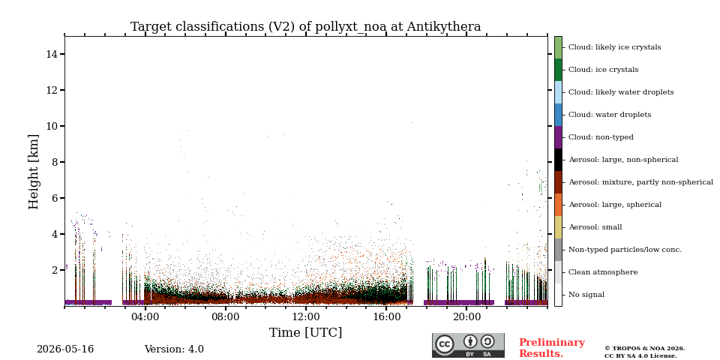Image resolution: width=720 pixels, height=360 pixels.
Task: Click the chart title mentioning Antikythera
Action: pos(306,27)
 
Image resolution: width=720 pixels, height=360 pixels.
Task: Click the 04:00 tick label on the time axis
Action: pos(145,317)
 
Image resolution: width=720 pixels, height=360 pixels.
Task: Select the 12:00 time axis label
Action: pos(306,317)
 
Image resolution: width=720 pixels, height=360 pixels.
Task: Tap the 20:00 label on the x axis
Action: pos(467,317)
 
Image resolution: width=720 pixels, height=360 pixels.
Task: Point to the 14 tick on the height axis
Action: pos(52,54)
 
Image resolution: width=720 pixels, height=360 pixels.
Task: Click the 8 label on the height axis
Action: pos(54,162)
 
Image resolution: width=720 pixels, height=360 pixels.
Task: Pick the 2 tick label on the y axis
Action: pos(54,270)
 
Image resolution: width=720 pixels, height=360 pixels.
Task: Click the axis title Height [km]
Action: pos(34,172)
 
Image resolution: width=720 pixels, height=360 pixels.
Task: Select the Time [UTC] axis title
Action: pos(306,332)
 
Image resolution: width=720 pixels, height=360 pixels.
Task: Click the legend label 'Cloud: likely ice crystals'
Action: pos(615,47)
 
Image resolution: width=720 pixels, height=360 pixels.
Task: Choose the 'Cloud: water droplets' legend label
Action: pos(610,115)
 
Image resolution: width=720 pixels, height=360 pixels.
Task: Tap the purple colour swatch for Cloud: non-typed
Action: pos(558,137)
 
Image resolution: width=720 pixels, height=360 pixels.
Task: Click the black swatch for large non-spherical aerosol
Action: pos(558,160)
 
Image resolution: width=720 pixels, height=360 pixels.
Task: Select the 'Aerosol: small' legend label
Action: pos(595,227)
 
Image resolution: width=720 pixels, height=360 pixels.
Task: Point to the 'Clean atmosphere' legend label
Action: pos(603,272)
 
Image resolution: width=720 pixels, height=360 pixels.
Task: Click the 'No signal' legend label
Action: pos(586,295)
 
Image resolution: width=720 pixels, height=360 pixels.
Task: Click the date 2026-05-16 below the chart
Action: pos(65,349)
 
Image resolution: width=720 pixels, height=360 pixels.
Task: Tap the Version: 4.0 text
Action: pos(174,349)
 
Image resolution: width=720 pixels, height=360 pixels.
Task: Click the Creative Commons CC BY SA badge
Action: pos(468,345)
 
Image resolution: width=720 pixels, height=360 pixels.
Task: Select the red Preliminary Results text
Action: pos(552,348)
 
